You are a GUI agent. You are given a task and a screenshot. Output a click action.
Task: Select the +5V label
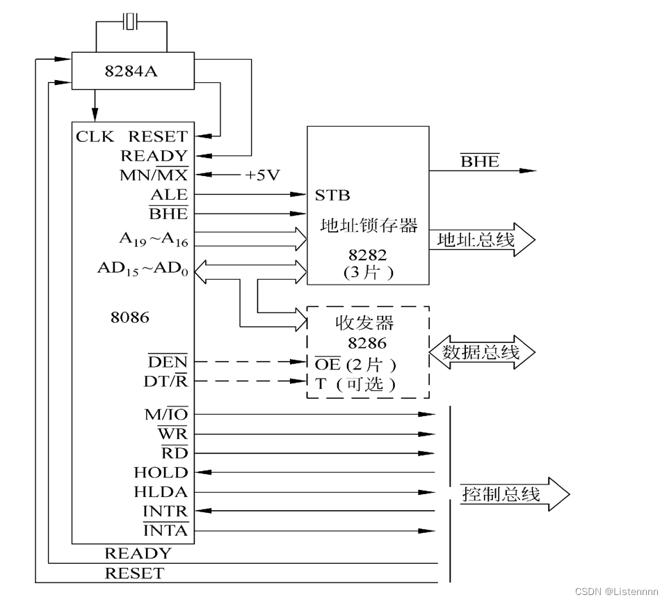[x=261, y=175]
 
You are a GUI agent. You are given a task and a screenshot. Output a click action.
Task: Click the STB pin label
[x=332, y=195]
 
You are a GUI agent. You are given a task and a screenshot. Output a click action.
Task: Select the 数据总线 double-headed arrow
[x=483, y=352]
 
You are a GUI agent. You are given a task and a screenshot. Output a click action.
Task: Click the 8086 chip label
[x=129, y=317]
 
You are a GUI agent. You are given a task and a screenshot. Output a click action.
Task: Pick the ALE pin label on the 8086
[x=169, y=195]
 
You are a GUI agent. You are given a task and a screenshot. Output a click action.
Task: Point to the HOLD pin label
[x=161, y=473]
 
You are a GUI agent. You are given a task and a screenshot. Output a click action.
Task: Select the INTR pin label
[x=165, y=512]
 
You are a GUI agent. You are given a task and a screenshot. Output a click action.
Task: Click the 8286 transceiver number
[x=367, y=343]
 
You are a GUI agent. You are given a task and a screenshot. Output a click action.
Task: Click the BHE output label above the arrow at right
[x=480, y=161]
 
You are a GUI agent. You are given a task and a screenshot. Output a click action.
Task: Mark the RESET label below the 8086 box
[x=134, y=573]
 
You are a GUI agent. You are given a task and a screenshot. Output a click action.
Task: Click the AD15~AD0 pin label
[x=143, y=269]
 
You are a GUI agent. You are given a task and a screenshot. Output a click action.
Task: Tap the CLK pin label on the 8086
[x=95, y=136]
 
